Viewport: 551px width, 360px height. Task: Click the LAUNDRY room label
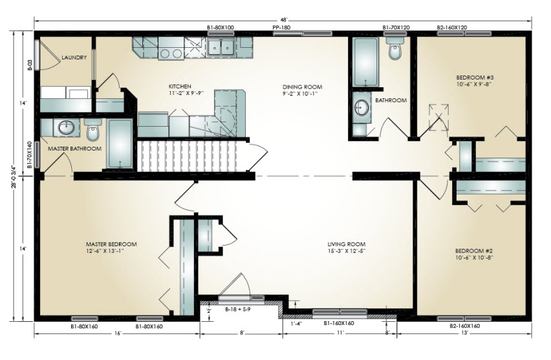pyautogui.click(x=74, y=58)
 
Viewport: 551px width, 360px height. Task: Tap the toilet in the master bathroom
pyautogui.click(x=92, y=129)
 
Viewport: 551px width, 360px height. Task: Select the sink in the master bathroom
pyautogui.click(x=66, y=127)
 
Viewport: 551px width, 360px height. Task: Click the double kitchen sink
pyautogui.click(x=221, y=47)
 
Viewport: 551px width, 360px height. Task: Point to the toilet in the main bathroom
pyautogui.click(x=395, y=48)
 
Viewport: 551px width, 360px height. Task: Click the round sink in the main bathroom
pyautogui.click(x=362, y=106)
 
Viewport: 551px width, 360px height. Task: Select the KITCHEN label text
pyautogui.click(x=180, y=87)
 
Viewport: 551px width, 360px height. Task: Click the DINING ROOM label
pyautogui.click(x=302, y=87)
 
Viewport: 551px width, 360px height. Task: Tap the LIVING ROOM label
pyautogui.click(x=346, y=244)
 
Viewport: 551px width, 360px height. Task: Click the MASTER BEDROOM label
pyautogui.click(x=111, y=244)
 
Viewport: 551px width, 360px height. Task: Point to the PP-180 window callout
pyautogui.click(x=281, y=27)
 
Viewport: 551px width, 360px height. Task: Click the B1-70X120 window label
pyautogui.click(x=396, y=27)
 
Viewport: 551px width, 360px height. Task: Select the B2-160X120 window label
pyautogui.click(x=451, y=27)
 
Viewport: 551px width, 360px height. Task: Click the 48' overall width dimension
pyautogui.click(x=283, y=19)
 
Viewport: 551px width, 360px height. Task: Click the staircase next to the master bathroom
pyautogui.click(x=193, y=156)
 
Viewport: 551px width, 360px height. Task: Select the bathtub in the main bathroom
pyautogui.click(x=366, y=63)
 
